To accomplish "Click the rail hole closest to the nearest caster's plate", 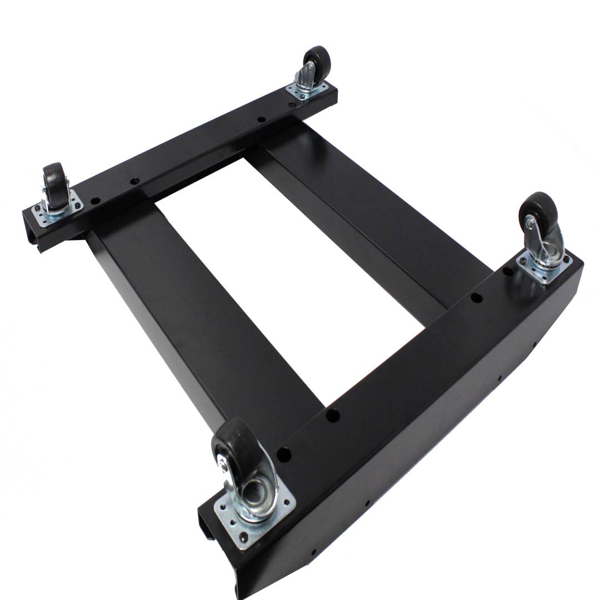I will [284, 456].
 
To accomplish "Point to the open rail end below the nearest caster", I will [208, 525].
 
